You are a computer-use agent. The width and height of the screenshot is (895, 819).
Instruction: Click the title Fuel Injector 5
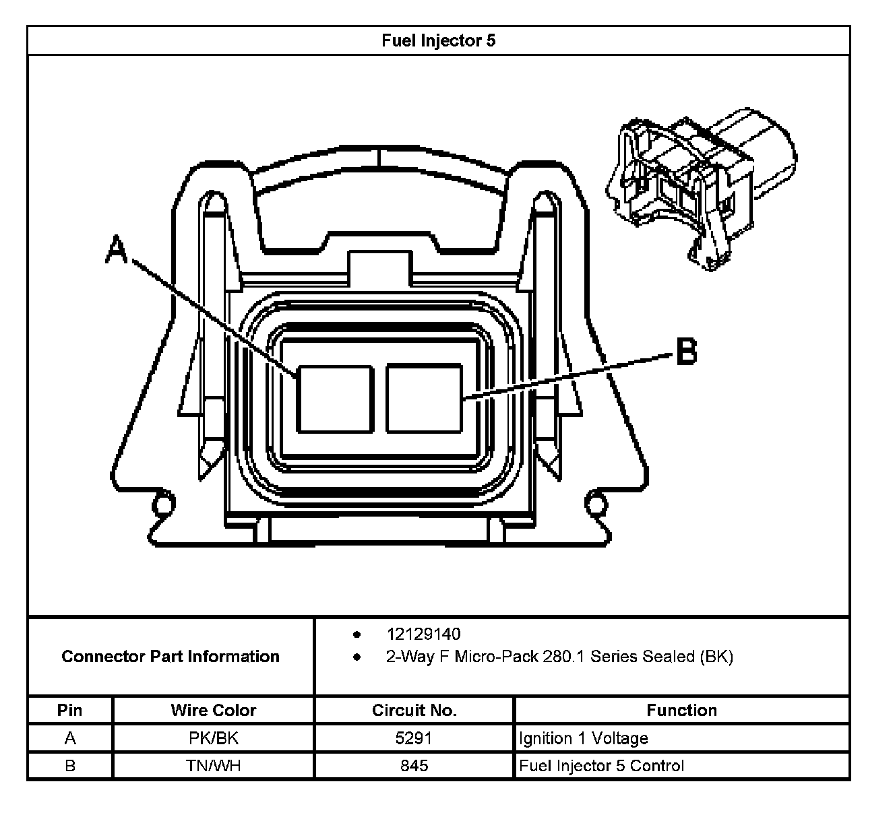pyautogui.click(x=438, y=40)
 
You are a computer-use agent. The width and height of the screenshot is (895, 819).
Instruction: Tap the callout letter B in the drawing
pyautogui.click(x=686, y=352)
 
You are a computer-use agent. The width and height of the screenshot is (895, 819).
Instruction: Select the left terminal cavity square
pyautogui.click(x=335, y=399)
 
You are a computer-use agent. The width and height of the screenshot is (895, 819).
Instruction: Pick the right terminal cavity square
pyautogui.click(x=424, y=399)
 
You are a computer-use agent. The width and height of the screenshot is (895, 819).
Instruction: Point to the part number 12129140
pyautogui.click(x=423, y=634)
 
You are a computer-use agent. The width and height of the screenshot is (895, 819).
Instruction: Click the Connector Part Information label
pyautogui.click(x=171, y=657)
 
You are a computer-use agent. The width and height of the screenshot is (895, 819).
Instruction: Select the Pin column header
pyautogui.click(x=70, y=710)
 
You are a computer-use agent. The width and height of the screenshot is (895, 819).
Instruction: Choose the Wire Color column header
pyautogui.click(x=213, y=710)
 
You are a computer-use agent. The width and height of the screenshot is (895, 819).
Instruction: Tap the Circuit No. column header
pyautogui.click(x=414, y=710)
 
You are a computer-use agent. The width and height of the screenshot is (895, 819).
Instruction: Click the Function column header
pyautogui.click(x=681, y=710)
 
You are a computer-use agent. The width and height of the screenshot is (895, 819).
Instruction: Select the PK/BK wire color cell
pyautogui.click(x=213, y=738)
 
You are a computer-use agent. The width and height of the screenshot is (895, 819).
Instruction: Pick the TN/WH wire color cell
pyautogui.click(x=213, y=766)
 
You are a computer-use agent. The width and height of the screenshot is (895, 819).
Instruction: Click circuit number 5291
pyautogui.click(x=414, y=738)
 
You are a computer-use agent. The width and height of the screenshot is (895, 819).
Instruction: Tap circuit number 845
pyautogui.click(x=414, y=766)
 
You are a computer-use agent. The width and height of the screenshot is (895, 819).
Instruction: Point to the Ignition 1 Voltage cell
pyautogui.click(x=583, y=738)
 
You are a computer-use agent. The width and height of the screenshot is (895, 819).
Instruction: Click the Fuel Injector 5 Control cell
pyautogui.click(x=601, y=766)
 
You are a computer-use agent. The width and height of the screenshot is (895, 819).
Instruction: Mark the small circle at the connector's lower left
pyautogui.click(x=162, y=502)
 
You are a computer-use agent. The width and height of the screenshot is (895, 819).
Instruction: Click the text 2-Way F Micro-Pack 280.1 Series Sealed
pyautogui.click(x=559, y=657)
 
